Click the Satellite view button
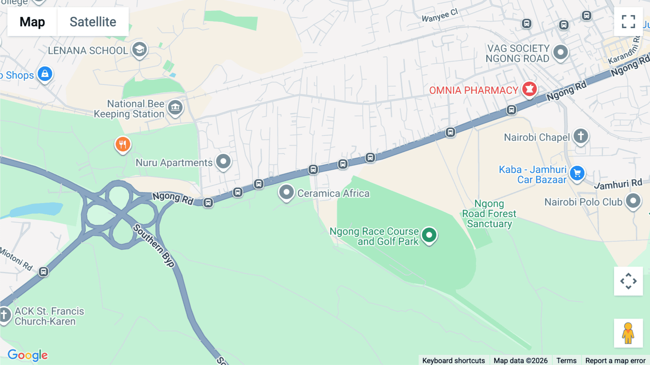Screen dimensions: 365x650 pyautogui.click(x=93, y=22)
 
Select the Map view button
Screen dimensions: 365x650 pyautogui.click(x=32, y=22)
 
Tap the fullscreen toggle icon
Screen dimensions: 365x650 pyautogui.click(x=628, y=22)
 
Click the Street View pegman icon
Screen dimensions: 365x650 pyautogui.click(x=628, y=333)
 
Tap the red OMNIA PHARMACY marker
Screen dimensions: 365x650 pyautogui.click(x=529, y=89)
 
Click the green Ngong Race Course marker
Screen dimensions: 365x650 pyautogui.click(x=429, y=235)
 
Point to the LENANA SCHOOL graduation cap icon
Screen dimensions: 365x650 pyautogui.click(x=139, y=50)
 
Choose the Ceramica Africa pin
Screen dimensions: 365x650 pyautogui.click(x=286, y=193)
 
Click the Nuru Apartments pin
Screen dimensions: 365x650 pyautogui.click(x=223, y=162)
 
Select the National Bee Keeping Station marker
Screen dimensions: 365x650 pyautogui.click(x=175, y=107)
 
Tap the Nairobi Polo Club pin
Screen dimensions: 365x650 pyautogui.click(x=633, y=201)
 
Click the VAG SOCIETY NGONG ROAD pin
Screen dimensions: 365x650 pyautogui.click(x=560, y=52)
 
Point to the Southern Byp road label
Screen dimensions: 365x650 pyautogui.click(x=154, y=245)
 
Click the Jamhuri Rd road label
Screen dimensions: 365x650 pyautogui.click(x=618, y=184)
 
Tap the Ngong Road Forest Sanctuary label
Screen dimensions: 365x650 pyautogui.click(x=489, y=214)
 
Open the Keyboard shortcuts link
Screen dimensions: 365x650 pyautogui.click(x=454, y=360)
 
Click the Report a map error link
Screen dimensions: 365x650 pyautogui.click(x=615, y=360)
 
